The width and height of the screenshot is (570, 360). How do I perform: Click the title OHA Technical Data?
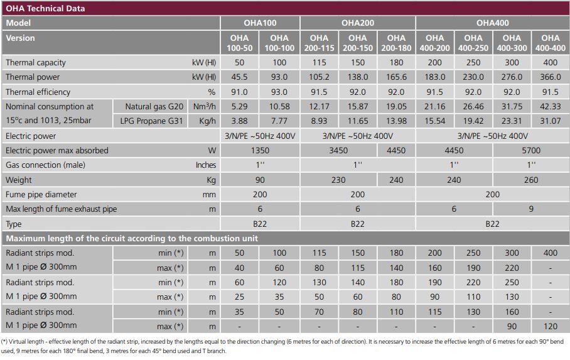45,9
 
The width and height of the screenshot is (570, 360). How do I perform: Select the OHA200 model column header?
358,23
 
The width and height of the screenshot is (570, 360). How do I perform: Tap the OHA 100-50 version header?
239,43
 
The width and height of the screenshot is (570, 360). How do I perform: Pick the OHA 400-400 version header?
550,43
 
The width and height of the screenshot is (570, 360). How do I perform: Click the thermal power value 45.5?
239,77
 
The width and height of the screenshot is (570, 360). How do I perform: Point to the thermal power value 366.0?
550,77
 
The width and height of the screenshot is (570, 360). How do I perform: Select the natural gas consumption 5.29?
239,107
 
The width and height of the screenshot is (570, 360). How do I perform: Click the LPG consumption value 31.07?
550,121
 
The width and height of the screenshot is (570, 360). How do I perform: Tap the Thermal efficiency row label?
39,92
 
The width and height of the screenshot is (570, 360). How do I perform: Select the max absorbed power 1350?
259,151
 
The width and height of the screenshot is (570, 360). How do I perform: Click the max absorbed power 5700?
531,151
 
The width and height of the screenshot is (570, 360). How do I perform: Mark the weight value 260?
531,180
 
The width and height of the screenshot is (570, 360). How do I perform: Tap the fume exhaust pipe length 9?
531,209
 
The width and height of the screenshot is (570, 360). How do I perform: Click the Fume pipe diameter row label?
41,195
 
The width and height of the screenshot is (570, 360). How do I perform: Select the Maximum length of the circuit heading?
132,239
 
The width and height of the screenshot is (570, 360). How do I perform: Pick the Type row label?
14,224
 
